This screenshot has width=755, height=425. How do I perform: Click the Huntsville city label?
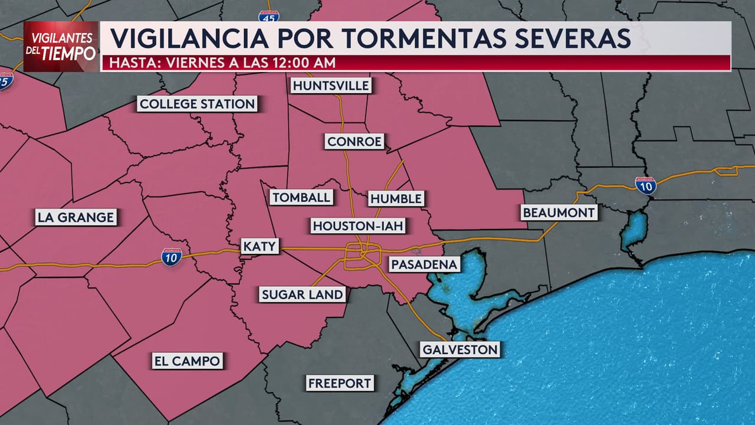pyautogui.click(x=331, y=86)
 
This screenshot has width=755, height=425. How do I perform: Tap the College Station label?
pyautogui.click(x=197, y=104)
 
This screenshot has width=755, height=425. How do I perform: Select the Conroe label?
pyautogui.click(x=354, y=142)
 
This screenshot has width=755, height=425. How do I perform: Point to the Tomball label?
pyautogui.click(x=301, y=197)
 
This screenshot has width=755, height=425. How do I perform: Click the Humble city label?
pyautogui.click(x=396, y=198)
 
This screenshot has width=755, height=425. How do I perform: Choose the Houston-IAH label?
pyautogui.click(x=361, y=225)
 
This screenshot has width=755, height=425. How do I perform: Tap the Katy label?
pyautogui.click(x=260, y=246)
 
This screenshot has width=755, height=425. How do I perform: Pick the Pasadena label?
pyautogui.click(x=424, y=264)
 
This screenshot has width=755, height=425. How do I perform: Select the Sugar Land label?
pyautogui.click(x=303, y=294)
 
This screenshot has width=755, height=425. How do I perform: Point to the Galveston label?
pyautogui.click(x=460, y=349)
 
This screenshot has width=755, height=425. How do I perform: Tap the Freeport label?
pyautogui.click(x=340, y=383)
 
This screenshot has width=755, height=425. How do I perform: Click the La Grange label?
pyautogui.click(x=75, y=217)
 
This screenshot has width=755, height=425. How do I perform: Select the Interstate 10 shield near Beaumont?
pyautogui.click(x=645, y=185)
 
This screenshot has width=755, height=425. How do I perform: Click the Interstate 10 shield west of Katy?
pyautogui.click(x=171, y=257)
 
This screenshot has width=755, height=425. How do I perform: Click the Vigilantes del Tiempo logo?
pyautogui.click(x=61, y=47)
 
